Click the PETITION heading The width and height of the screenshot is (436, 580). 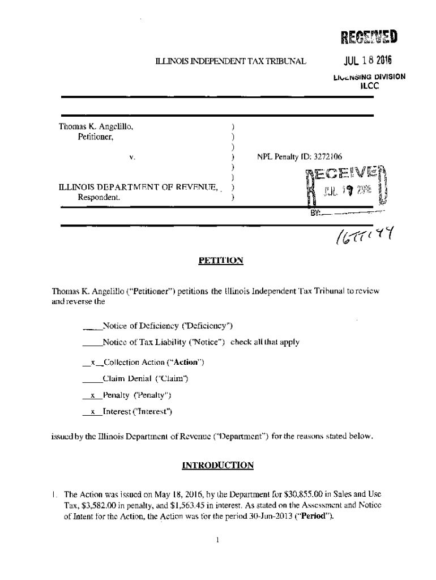[x=221, y=261]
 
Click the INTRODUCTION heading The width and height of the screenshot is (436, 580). [x=217, y=466]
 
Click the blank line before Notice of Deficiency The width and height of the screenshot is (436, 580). [x=92, y=326]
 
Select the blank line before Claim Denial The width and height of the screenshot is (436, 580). [x=92, y=378]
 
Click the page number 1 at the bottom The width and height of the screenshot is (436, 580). [x=217, y=540]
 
